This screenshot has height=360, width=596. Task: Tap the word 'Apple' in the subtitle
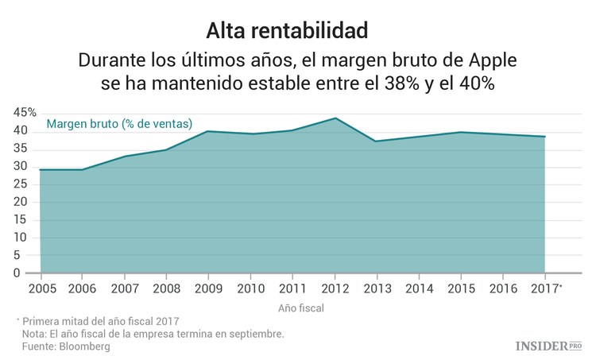[x=491, y=60]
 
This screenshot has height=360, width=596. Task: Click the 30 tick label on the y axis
[x=21, y=167]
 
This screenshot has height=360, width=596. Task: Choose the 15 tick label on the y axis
[x=21, y=220]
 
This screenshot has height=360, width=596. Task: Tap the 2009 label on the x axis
[x=208, y=287]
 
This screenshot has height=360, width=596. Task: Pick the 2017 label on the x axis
[x=544, y=287]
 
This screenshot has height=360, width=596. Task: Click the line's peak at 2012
[x=335, y=118]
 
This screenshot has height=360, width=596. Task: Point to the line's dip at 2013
[x=377, y=141]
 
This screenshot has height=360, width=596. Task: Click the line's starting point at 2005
[x=41, y=170]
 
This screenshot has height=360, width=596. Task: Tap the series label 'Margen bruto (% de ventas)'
[x=119, y=123]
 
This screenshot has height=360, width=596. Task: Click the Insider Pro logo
[x=549, y=346]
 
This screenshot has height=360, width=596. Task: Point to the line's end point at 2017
[x=544, y=137]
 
